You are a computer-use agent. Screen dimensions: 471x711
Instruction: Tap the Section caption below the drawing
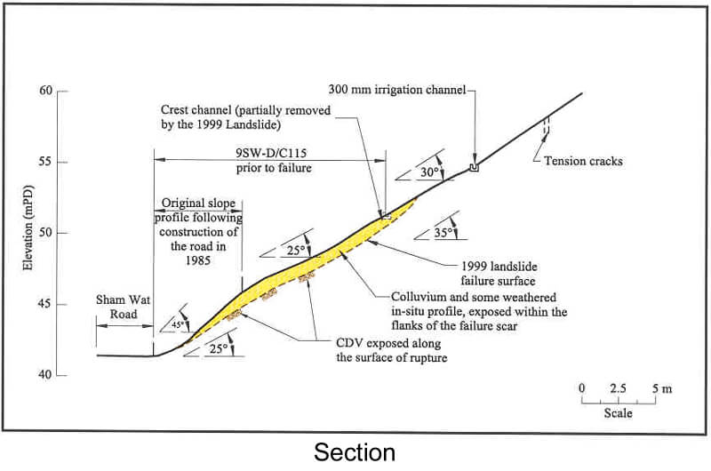pyautogui.click(x=355, y=452)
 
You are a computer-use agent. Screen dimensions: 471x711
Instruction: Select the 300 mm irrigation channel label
pyautogui.click(x=396, y=90)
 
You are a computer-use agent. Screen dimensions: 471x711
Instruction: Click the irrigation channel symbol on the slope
pyautogui.click(x=474, y=166)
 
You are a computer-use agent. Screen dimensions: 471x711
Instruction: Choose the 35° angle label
pyautogui.click(x=444, y=233)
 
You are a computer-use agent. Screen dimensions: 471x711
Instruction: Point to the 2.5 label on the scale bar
pyautogui.click(x=618, y=388)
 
